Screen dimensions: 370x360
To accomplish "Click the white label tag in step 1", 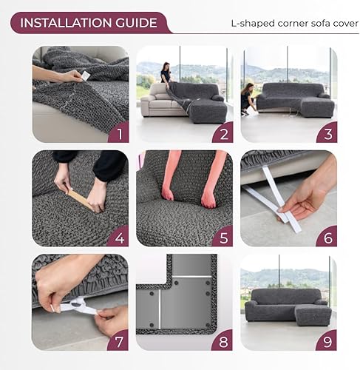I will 84,75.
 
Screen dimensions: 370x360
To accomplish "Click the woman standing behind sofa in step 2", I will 165,75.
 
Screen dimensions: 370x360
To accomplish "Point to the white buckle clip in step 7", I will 79,306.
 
